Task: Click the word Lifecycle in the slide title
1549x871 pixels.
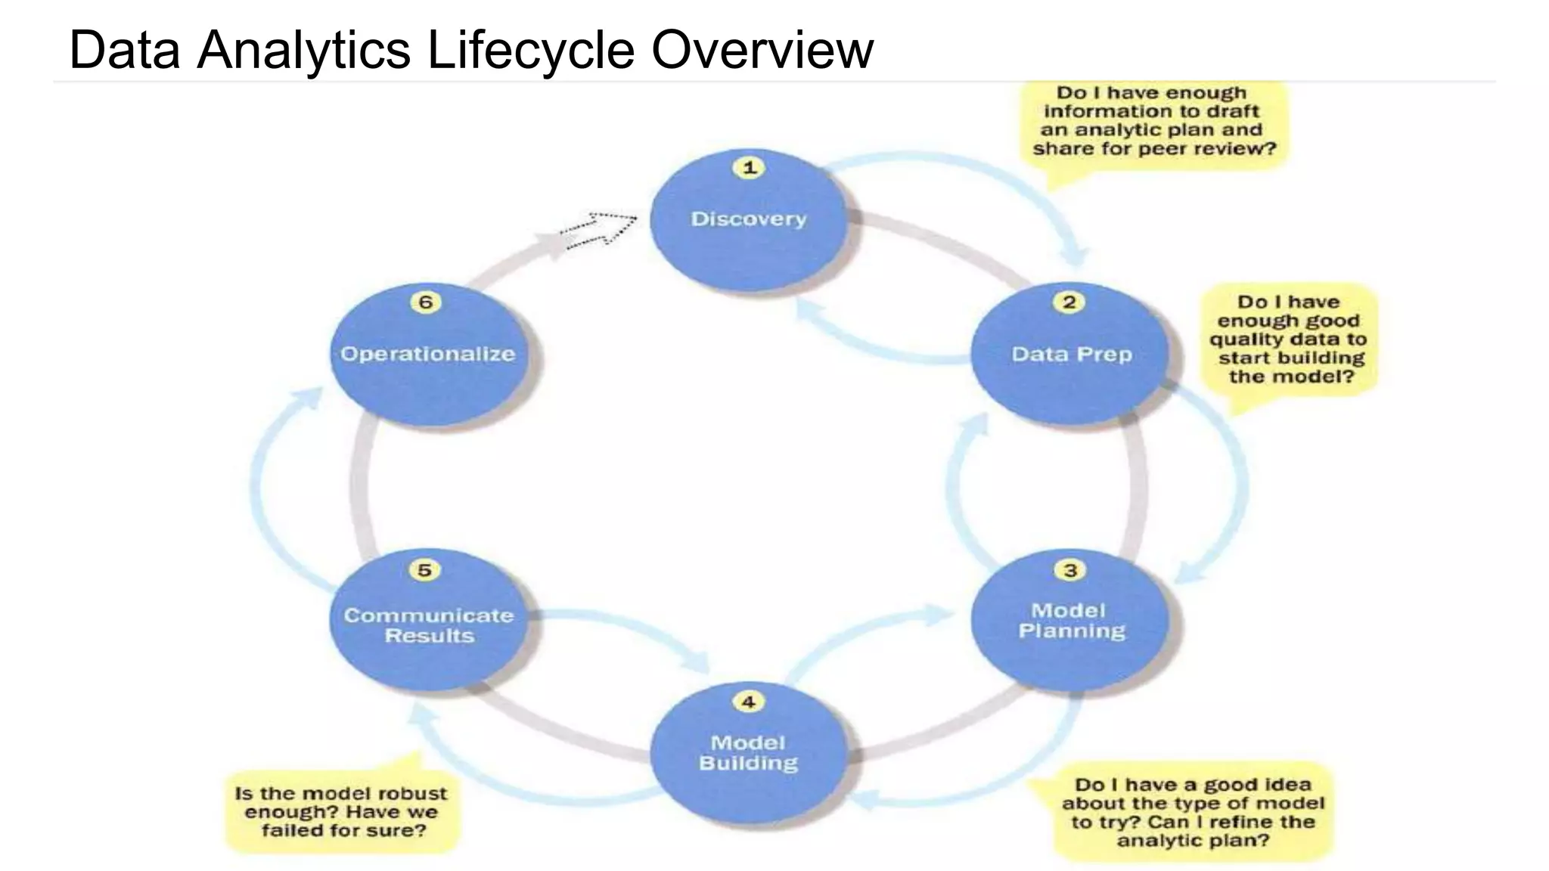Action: [x=530, y=50]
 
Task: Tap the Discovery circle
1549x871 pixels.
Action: [x=749, y=219]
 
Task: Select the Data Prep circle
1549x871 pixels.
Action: [x=1070, y=355]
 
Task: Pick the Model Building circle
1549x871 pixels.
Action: [x=749, y=753]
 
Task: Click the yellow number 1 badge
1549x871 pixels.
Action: [x=749, y=167]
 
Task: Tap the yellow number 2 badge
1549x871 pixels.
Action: [x=1069, y=302]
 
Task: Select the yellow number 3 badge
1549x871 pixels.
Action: [x=1070, y=569]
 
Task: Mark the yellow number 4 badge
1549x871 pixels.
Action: [x=748, y=702]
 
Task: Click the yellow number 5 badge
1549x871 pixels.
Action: [x=424, y=569]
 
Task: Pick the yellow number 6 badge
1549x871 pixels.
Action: [x=426, y=302]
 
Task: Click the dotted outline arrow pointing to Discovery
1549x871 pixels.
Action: [x=599, y=229]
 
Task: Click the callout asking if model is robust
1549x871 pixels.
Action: [x=342, y=812]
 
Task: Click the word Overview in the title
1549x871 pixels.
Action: [x=762, y=50]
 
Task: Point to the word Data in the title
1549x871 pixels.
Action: [x=124, y=50]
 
